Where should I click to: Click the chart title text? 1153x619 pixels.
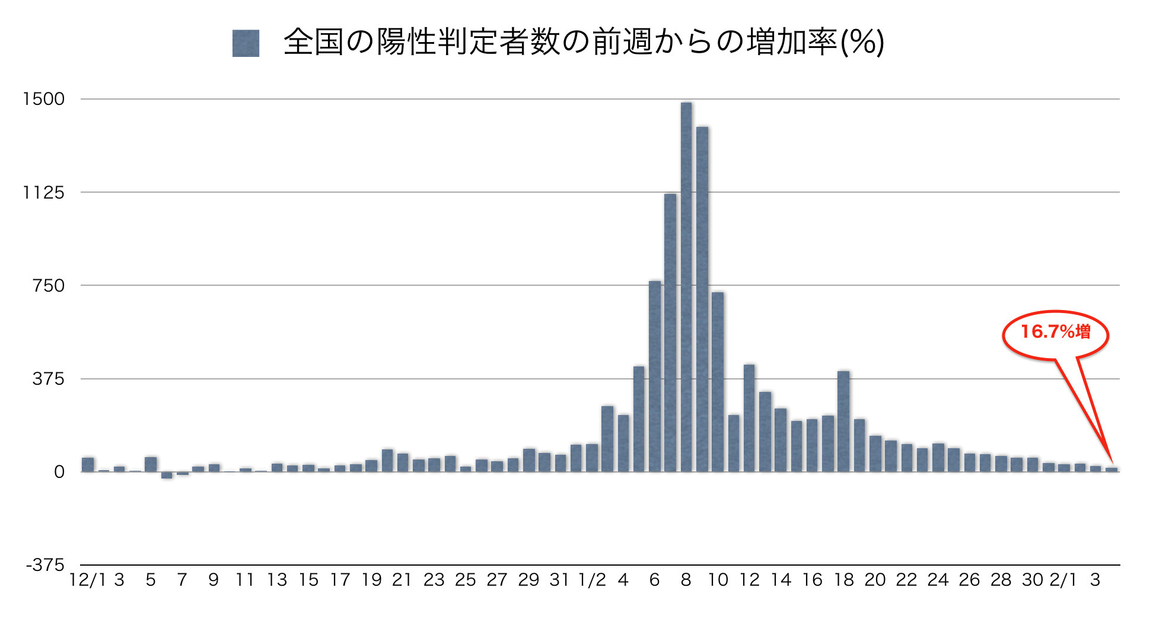(x=584, y=43)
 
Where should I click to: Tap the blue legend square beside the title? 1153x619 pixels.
(x=246, y=43)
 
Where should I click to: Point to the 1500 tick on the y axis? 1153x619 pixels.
(x=43, y=99)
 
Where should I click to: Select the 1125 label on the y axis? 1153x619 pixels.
(x=43, y=192)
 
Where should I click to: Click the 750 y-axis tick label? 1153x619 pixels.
(x=48, y=285)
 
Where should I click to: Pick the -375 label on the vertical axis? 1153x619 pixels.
(x=44, y=565)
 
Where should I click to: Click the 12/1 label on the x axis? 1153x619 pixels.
(x=87, y=580)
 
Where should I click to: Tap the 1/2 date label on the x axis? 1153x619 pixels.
(x=592, y=580)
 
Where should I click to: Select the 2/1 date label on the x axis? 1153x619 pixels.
(x=1063, y=580)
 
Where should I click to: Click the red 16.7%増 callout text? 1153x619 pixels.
(x=1055, y=331)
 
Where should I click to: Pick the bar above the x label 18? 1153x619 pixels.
(x=843, y=421)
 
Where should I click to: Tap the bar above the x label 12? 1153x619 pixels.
(x=749, y=418)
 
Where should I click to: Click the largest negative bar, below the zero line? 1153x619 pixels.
(x=167, y=475)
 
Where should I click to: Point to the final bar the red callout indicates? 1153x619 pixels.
(x=1111, y=470)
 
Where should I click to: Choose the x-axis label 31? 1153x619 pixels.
(x=559, y=580)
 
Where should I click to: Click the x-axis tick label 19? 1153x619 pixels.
(x=371, y=580)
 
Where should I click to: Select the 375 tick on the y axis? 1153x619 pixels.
(x=48, y=379)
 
